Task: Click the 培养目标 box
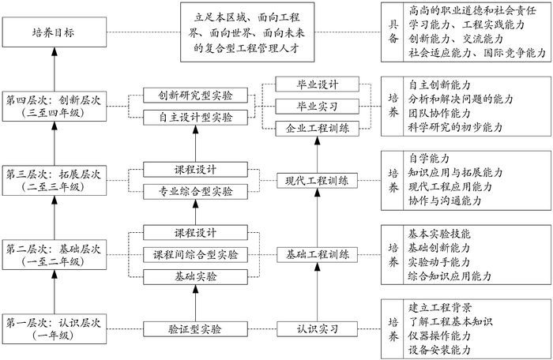(54, 33)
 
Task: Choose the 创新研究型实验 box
(196, 96)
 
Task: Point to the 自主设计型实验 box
(196, 118)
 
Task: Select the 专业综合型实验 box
(196, 191)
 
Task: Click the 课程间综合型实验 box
(196, 255)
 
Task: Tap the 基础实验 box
(196, 277)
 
